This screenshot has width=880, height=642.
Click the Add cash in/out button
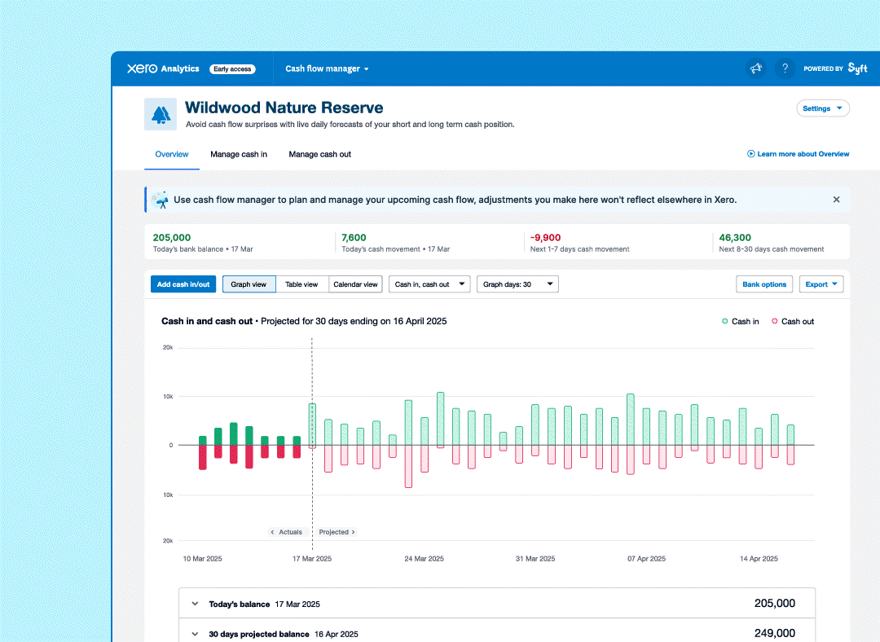coord(183,284)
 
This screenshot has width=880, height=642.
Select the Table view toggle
coord(301,284)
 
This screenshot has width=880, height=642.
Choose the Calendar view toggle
coord(356,284)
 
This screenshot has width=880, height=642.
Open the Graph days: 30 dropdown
coord(517,284)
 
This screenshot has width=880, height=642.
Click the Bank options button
coord(764,284)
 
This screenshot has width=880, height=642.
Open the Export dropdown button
coord(821,284)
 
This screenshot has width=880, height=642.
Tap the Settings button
coord(822,108)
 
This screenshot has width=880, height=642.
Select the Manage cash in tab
coord(239,154)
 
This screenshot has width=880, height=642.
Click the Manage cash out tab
coord(319,154)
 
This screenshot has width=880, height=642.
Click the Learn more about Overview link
coord(799,154)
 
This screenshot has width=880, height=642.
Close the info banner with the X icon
coord(836,200)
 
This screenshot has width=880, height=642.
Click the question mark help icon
coord(785,68)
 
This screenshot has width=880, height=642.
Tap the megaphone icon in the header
coord(756,68)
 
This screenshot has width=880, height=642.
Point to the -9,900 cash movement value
coord(546,238)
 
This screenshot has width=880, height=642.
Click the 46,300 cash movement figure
coord(735,238)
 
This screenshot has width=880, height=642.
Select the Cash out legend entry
coord(793,322)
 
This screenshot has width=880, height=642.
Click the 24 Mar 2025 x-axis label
coord(424,559)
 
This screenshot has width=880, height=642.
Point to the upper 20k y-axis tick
coord(167,348)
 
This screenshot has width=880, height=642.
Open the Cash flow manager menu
coord(327,69)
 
